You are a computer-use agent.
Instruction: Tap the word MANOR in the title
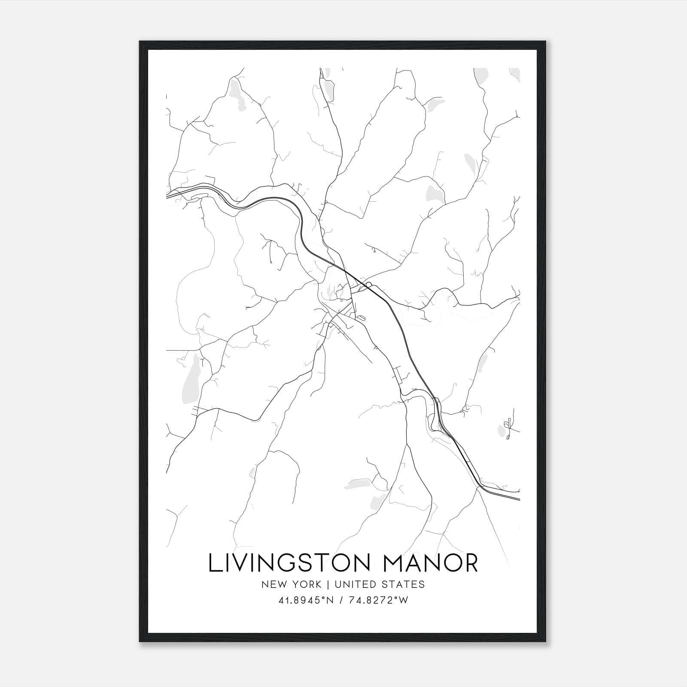click(430, 562)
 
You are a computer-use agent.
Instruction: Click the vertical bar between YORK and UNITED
click(328, 584)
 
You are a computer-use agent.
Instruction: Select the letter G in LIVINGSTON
click(295, 562)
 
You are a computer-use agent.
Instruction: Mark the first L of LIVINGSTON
click(214, 562)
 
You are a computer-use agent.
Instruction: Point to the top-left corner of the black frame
click(140, 42)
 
